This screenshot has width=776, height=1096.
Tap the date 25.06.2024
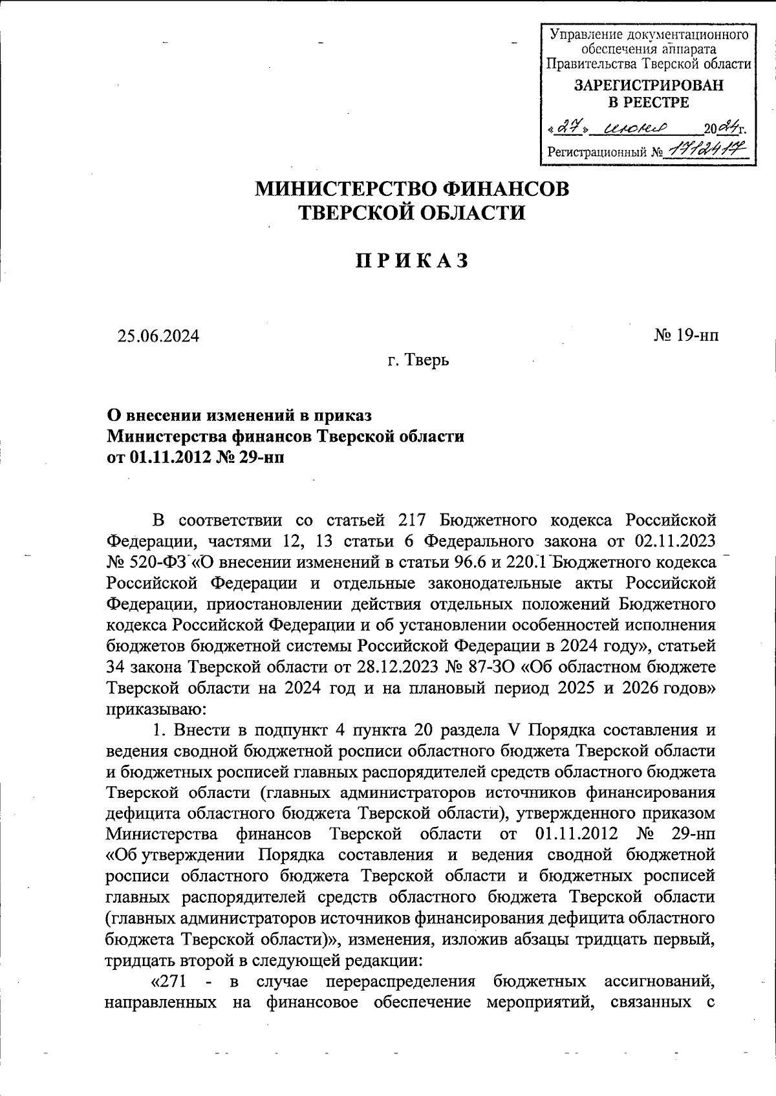tap(158, 336)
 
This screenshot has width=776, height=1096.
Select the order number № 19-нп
tap(685, 335)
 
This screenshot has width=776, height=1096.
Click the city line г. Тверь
tap(418, 360)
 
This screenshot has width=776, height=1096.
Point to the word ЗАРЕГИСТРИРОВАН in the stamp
tap(649, 85)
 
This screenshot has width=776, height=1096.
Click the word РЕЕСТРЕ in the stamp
tap(649, 102)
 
